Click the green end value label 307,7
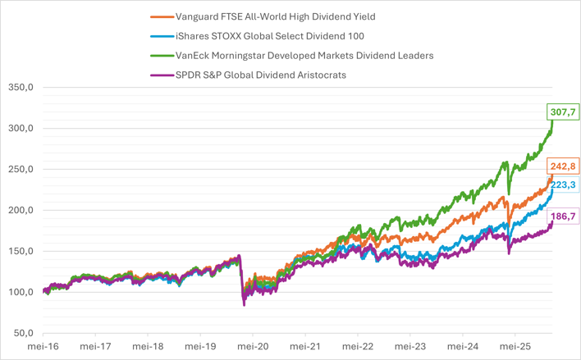pyautogui.click(x=562, y=112)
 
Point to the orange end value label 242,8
pyautogui.click(x=562, y=166)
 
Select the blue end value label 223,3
pyautogui.click(x=562, y=185)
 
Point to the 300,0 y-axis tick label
pyautogui.click(x=21, y=129)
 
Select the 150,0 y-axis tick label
pyautogui.click(x=21, y=251)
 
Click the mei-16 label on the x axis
pyautogui.click(x=43, y=347)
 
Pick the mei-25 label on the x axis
pyautogui.click(x=515, y=347)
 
